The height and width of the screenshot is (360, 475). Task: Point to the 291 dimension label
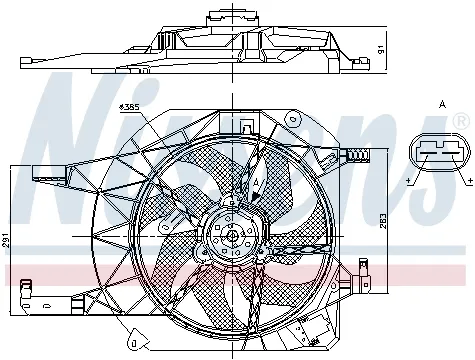click(9, 241)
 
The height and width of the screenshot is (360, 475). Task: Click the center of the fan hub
click(231, 238)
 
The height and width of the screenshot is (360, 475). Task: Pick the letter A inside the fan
click(256, 182)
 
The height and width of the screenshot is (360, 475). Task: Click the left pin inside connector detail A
click(428, 149)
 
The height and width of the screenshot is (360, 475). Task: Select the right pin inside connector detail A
click(451, 149)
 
